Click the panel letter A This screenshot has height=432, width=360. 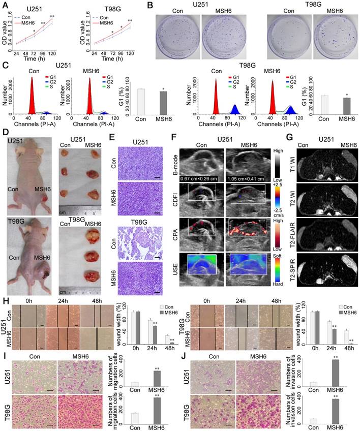click(6, 6)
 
